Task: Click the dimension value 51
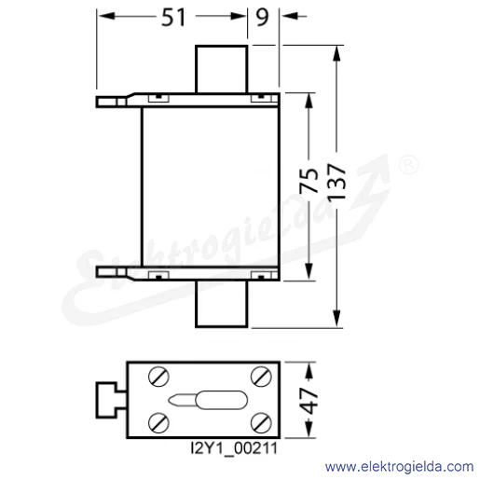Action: point(173,18)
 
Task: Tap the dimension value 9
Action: point(262,18)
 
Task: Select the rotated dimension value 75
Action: point(309,181)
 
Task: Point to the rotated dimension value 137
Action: point(336,182)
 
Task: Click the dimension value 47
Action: point(309,401)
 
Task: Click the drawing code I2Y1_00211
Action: point(234,448)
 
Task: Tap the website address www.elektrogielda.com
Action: point(399,467)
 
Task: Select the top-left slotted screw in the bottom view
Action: point(158,377)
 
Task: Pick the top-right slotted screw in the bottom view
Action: point(261,377)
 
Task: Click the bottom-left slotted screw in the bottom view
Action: point(158,423)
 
